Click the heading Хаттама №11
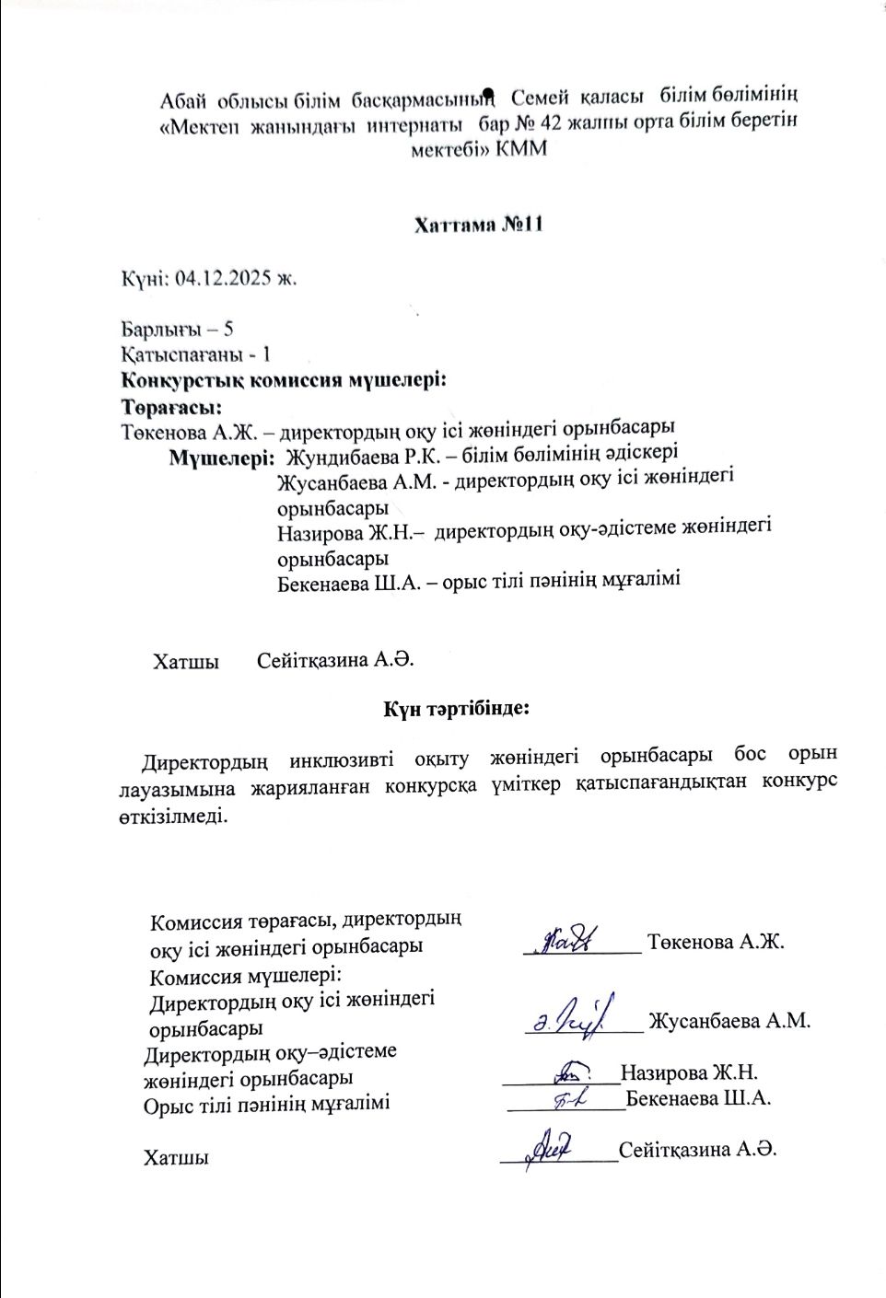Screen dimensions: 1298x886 (x=478, y=225)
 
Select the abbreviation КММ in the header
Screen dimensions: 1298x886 (x=521, y=148)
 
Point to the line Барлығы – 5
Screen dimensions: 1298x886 (x=177, y=329)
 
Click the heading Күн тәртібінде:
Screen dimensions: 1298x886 (x=456, y=709)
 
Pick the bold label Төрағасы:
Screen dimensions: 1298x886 (x=172, y=404)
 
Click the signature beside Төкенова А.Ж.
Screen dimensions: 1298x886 (x=571, y=939)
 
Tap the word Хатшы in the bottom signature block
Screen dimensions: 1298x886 (x=175, y=1158)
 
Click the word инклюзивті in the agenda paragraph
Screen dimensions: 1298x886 (x=341, y=760)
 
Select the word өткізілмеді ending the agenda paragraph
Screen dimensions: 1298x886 (x=171, y=816)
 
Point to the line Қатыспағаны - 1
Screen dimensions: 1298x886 (x=195, y=354)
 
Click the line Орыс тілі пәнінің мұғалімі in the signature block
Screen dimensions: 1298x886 (x=266, y=1103)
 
